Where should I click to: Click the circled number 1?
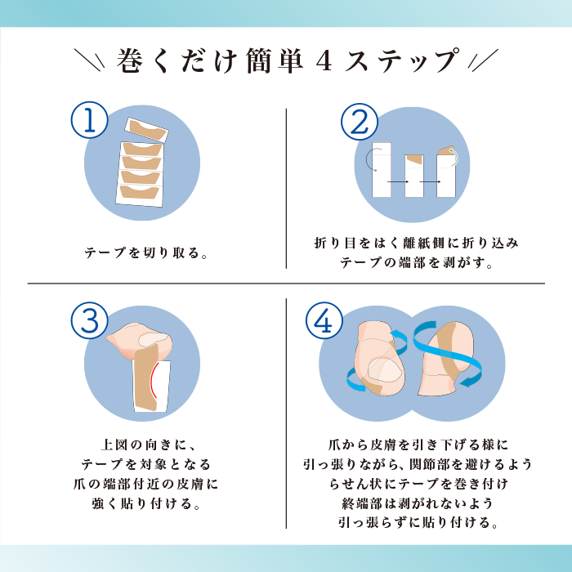tap(89, 120)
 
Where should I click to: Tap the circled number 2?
tap(360, 122)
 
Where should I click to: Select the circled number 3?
tap(89, 320)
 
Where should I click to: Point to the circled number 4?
tap(324, 320)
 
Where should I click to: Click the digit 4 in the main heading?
tap(324, 61)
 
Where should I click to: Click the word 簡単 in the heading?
tap(275, 60)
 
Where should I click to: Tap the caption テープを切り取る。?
tap(146, 252)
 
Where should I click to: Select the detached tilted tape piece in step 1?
tap(146, 130)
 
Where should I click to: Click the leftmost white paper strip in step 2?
tap(382, 170)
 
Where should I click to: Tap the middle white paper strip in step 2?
tap(414, 176)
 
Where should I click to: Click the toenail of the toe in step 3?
tap(153, 339)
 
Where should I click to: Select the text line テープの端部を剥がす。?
tap(416, 262)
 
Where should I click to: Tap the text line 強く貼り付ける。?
tap(146, 504)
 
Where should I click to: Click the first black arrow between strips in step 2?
tap(398, 181)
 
